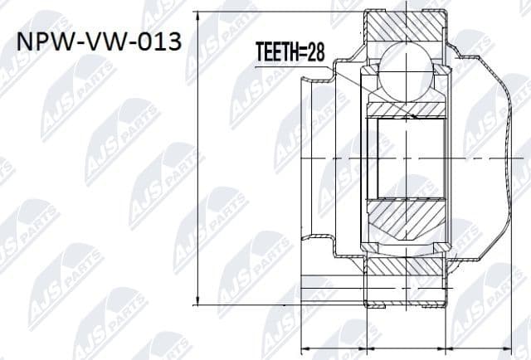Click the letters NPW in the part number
click(44, 42)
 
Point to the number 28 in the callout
click(314, 55)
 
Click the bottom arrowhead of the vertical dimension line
click(197, 300)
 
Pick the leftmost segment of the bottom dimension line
click(332, 346)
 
